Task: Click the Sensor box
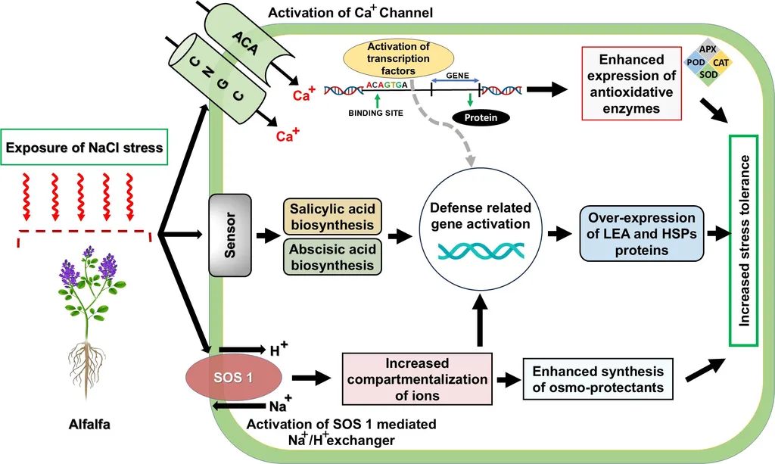tap(229, 236)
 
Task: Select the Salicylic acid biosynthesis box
tap(332, 216)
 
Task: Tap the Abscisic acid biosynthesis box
tap(332, 256)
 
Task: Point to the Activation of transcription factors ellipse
tap(399, 58)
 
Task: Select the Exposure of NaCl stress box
tap(85, 147)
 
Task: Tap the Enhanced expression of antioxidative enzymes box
tap(630, 84)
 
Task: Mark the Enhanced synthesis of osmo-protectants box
tap(598, 379)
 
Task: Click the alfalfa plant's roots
tap(90, 363)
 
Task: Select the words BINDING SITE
tap(375, 112)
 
